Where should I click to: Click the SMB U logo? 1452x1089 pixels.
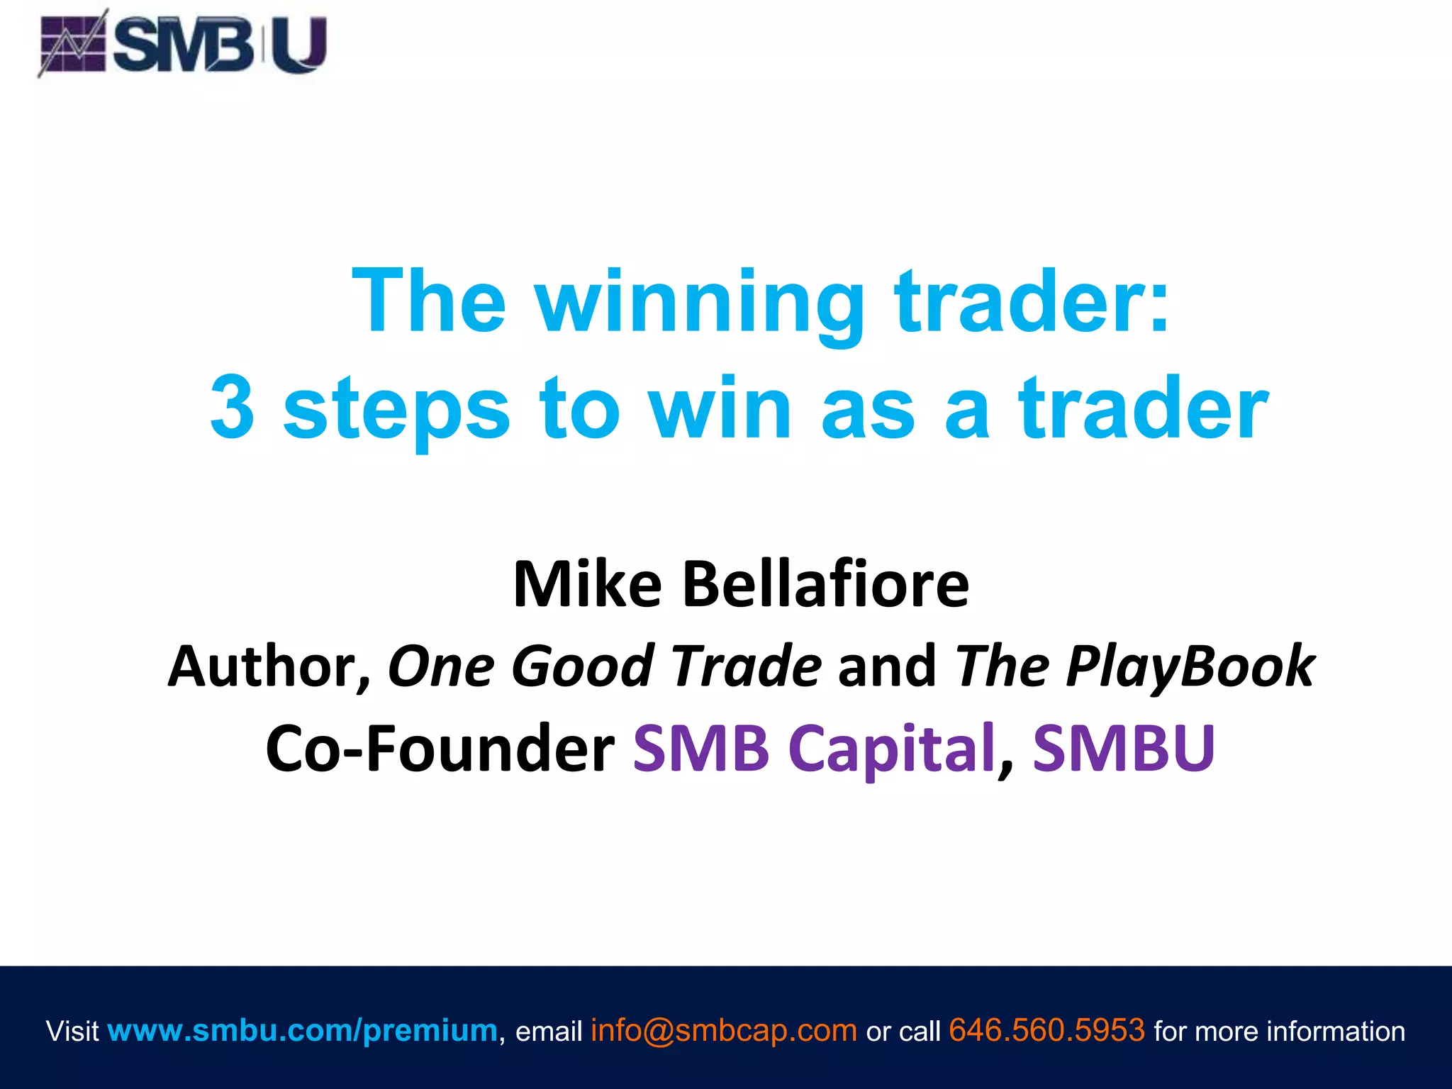click(183, 44)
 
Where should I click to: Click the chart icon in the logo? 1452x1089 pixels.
click(72, 45)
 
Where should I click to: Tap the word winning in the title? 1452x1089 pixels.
click(699, 301)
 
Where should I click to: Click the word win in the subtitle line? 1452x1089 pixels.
click(720, 408)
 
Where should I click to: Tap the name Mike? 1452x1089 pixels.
click(587, 584)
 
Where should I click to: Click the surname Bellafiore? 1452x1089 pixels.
click(825, 584)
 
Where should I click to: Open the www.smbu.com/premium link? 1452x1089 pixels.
click(303, 1030)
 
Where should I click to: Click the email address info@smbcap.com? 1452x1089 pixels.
click(724, 1030)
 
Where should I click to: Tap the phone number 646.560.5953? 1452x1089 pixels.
click(1046, 1030)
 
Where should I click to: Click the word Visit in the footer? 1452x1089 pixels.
click(72, 1031)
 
